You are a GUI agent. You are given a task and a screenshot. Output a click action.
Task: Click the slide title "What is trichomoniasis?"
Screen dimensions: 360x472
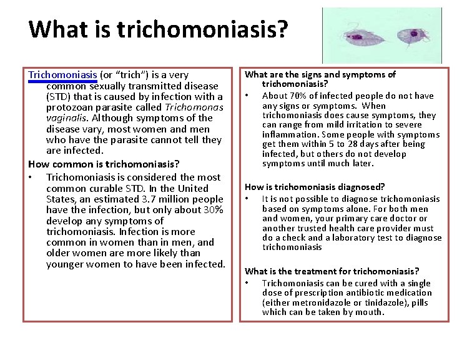[x=159, y=29]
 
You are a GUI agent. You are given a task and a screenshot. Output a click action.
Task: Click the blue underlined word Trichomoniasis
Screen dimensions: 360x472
[x=62, y=75]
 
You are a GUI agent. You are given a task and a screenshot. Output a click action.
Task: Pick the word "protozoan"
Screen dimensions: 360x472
[x=71, y=107]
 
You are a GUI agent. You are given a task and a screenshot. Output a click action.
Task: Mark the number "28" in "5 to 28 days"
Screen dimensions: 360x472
[x=360, y=144]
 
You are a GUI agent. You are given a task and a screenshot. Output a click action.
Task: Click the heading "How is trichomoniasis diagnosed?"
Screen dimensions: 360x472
[x=315, y=187]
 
